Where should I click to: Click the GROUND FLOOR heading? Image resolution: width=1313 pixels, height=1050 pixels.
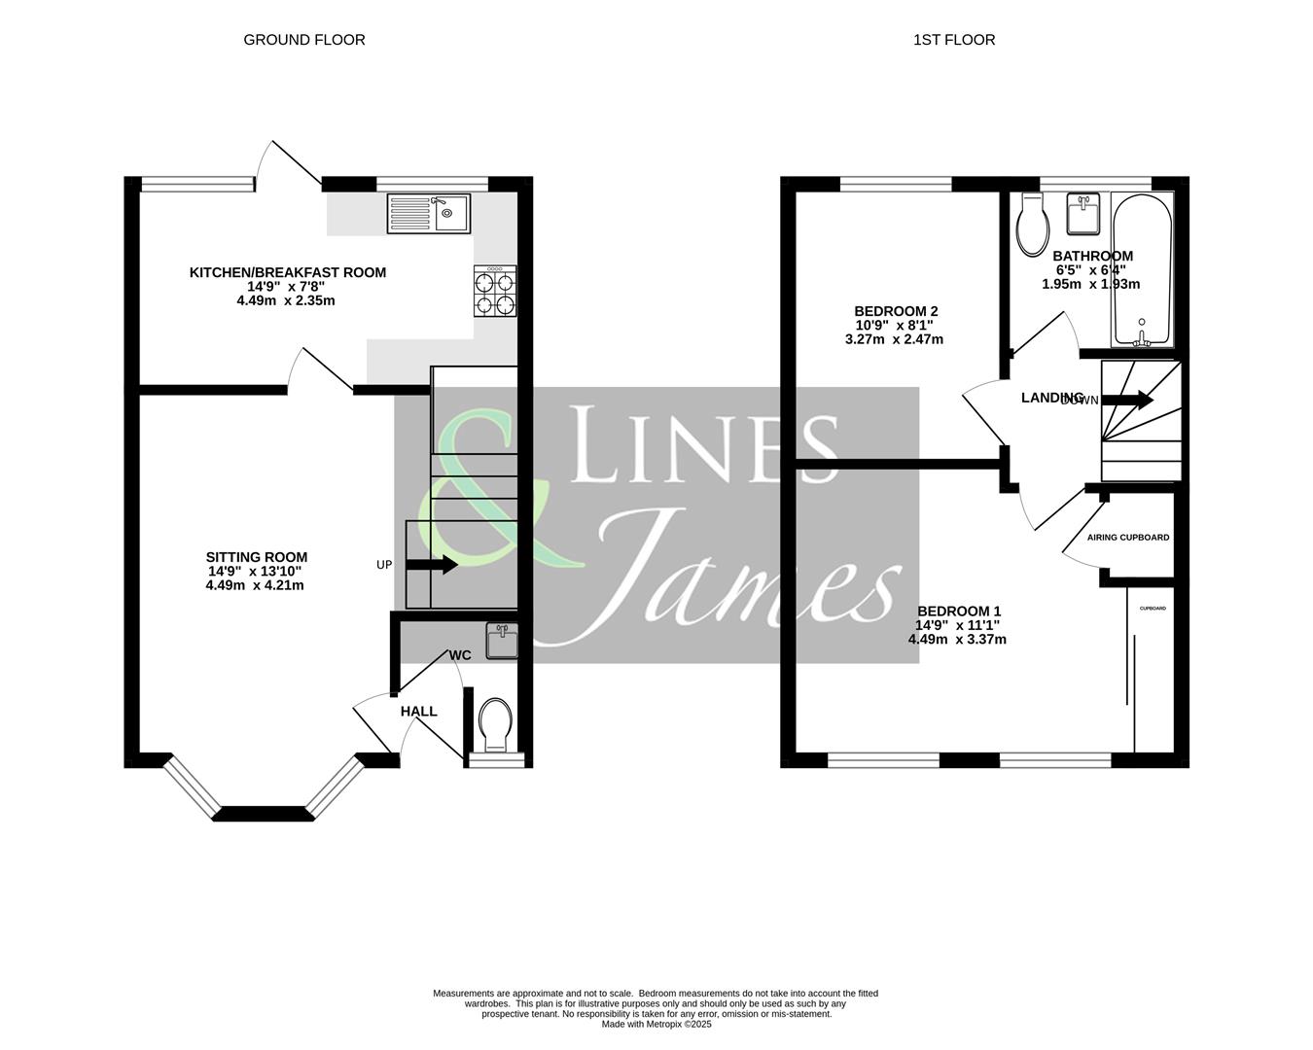(x=303, y=40)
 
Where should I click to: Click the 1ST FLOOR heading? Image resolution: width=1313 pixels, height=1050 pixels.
(x=953, y=40)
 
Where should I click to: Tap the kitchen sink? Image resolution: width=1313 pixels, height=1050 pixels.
(x=428, y=213)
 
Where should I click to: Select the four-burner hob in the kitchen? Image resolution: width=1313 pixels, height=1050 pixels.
(x=495, y=292)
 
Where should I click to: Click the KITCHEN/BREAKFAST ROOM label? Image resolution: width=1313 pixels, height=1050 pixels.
(x=287, y=272)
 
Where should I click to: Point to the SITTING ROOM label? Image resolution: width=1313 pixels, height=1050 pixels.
(x=256, y=557)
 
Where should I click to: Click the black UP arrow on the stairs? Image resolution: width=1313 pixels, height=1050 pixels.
(x=432, y=565)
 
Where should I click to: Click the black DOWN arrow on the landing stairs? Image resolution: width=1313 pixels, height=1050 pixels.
(x=1127, y=400)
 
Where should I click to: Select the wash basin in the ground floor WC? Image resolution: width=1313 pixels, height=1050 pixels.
(x=503, y=642)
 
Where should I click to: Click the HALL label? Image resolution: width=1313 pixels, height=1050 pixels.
(x=418, y=712)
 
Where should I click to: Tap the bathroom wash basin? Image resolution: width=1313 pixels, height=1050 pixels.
(x=1082, y=214)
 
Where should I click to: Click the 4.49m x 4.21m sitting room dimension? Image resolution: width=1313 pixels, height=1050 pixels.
(x=255, y=585)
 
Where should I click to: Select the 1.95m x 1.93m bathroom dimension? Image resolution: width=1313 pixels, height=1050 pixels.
(x=1090, y=284)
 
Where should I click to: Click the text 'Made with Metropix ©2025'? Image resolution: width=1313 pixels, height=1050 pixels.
(x=656, y=1024)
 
